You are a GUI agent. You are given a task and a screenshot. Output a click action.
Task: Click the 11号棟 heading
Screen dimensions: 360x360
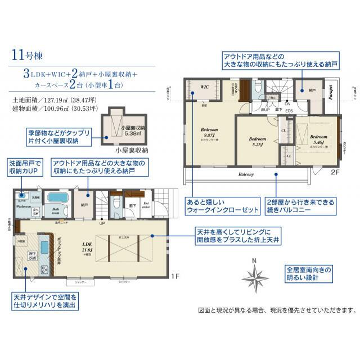(x=31, y=55)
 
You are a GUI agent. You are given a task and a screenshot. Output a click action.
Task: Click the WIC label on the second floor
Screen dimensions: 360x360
(x=205, y=87)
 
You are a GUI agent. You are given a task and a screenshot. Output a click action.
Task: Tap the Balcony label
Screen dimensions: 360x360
(x=245, y=174)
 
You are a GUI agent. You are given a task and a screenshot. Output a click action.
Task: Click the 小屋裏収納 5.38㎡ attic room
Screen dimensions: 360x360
(x=118, y=130)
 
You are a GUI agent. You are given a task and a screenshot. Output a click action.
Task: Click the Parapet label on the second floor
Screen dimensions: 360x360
(x=331, y=93)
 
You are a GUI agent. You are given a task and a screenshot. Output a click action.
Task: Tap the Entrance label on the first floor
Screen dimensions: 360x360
(x=146, y=205)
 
